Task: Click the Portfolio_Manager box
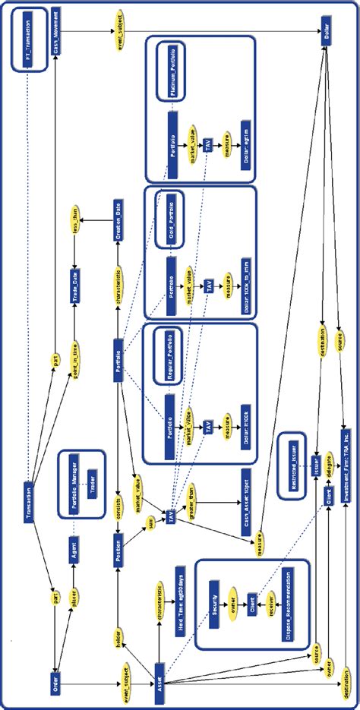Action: [x=73, y=479]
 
